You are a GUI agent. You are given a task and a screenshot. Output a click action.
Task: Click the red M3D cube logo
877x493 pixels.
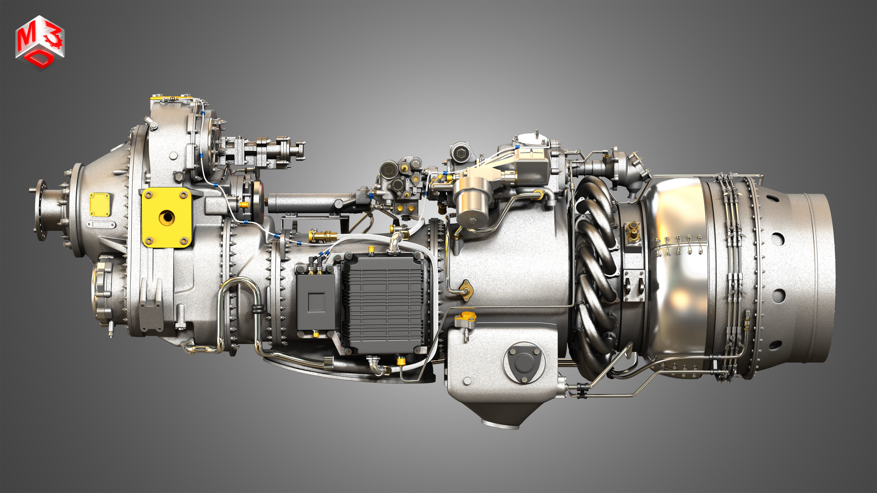click(40, 42)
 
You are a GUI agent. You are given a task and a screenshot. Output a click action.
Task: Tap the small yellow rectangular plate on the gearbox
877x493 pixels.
click(99, 204)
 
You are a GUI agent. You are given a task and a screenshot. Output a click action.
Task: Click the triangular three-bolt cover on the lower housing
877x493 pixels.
click(524, 363)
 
